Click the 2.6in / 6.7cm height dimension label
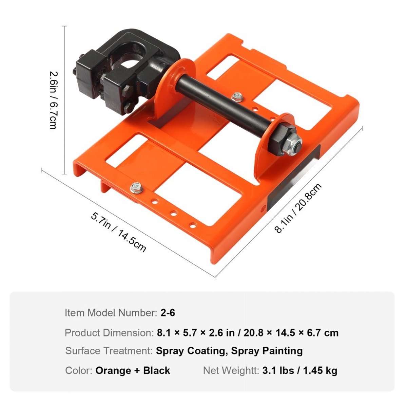(53, 100)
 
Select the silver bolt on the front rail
(137, 188)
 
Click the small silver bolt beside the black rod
(237, 97)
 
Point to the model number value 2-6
(168, 313)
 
